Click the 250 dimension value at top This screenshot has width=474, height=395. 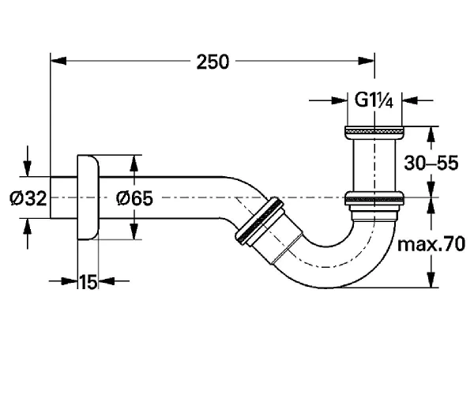pyautogui.click(x=213, y=62)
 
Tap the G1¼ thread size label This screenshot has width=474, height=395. pyautogui.click(x=374, y=100)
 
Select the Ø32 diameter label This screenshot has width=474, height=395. pyautogui.click(x=28, y=198)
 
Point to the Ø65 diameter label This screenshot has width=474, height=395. pyautogui.click(x=135, y=198)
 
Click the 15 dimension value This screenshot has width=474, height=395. pyautogui.click(x=88, y=282)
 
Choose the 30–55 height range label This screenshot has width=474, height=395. pyautogui.click(x=431, y=163)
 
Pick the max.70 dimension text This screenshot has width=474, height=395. pyautogui.click(x=431, y=244)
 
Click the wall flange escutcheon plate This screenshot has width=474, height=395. pyautogui.click(x=88, y=197)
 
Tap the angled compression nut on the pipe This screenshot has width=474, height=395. pyautogui.click(x=259, y=221)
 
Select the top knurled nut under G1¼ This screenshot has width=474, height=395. pyautogui.click(x=374, y=132)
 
